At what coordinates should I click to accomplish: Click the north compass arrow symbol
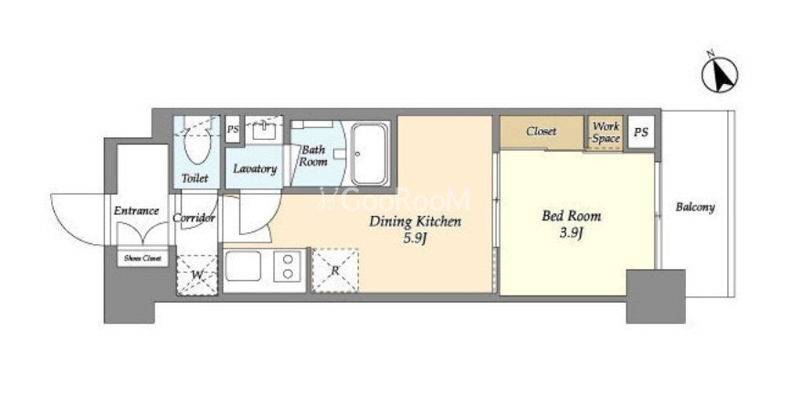720,74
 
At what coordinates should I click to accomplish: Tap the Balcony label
695,207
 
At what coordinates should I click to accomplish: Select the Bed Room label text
571,216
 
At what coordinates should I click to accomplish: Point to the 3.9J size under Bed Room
571,234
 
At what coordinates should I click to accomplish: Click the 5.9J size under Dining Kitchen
415,239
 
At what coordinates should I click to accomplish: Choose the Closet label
542,132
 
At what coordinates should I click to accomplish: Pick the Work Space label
606,133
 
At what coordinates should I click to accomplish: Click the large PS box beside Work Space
640,133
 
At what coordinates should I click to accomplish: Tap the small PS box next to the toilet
233,130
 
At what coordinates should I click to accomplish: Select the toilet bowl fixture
196,142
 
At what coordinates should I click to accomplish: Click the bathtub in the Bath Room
370,154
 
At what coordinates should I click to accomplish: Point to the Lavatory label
255,168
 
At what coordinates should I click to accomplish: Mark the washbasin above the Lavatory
263,131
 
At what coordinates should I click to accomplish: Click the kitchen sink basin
243,266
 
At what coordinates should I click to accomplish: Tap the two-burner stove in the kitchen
288,266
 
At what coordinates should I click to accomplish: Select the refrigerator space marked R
335,270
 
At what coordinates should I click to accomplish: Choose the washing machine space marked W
197,275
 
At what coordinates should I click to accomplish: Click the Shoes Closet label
142,258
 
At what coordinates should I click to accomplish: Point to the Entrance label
136,210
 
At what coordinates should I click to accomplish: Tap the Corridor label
194,218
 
